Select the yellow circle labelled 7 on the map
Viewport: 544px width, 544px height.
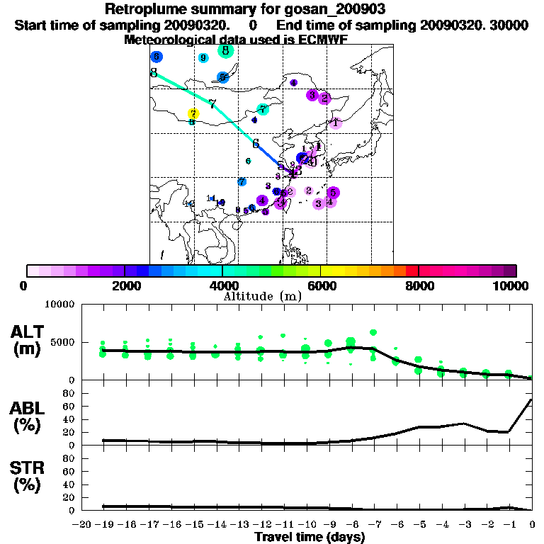193,113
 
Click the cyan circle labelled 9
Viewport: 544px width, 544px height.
203,58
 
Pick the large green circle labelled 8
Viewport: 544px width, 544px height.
225,50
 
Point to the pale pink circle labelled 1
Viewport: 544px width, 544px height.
336,123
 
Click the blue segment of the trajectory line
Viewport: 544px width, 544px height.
268,155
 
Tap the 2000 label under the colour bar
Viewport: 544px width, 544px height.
125,285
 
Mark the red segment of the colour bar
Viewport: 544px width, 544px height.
412,271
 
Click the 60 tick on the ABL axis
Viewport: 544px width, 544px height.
70,406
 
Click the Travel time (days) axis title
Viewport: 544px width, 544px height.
310,537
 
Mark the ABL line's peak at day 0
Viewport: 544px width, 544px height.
531,399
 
